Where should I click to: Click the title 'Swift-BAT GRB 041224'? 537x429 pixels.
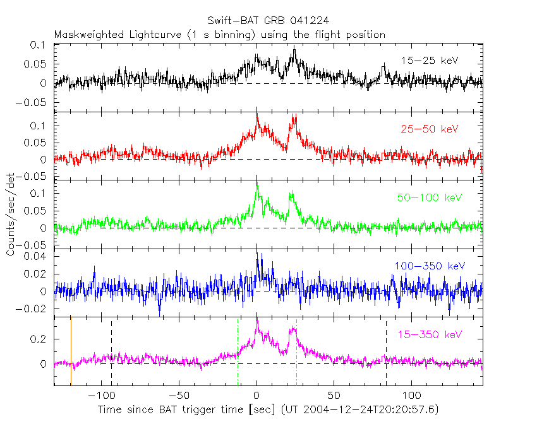pyautogui.click(x=268, y=21)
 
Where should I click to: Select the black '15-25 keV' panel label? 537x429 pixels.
pyautogui.click(x=429, y=61)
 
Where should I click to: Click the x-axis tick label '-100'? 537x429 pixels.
pyautogui.click(x=99, y=397)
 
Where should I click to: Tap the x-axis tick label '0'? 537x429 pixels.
pyautogui.click(x=256, y=397)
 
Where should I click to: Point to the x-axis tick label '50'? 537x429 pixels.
pyautogui.click(x=334, y=397)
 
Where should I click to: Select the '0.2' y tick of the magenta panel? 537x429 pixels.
pyautogui.click(x=42, y=339)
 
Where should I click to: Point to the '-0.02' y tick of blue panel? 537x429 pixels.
pyautogui.click(x=36, y=309)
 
